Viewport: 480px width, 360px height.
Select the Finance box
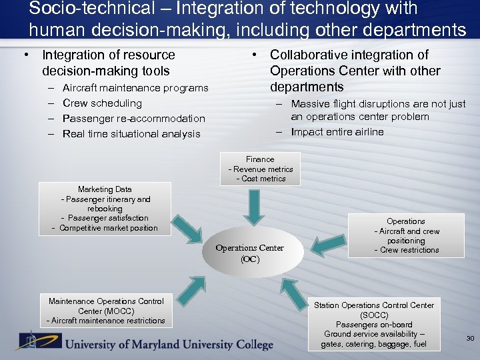tap(260, 169)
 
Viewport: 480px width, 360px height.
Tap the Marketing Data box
tap(105, 209)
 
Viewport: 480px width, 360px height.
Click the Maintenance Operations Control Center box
tap(105, 311)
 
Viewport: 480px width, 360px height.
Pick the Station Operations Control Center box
tap(373, 324)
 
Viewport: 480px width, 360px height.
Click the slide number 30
tap(470, 339)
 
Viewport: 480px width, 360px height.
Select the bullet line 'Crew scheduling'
tap(102, 103)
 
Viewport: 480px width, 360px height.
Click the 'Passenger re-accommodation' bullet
tap(133, 119)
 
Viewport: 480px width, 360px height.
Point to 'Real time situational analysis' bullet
tap(131, 134)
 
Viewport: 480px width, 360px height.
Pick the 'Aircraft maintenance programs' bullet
tap(135, 88)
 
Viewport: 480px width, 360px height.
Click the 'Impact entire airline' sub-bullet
tap(337, 132)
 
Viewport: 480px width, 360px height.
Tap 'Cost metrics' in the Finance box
tap(261, 179)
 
